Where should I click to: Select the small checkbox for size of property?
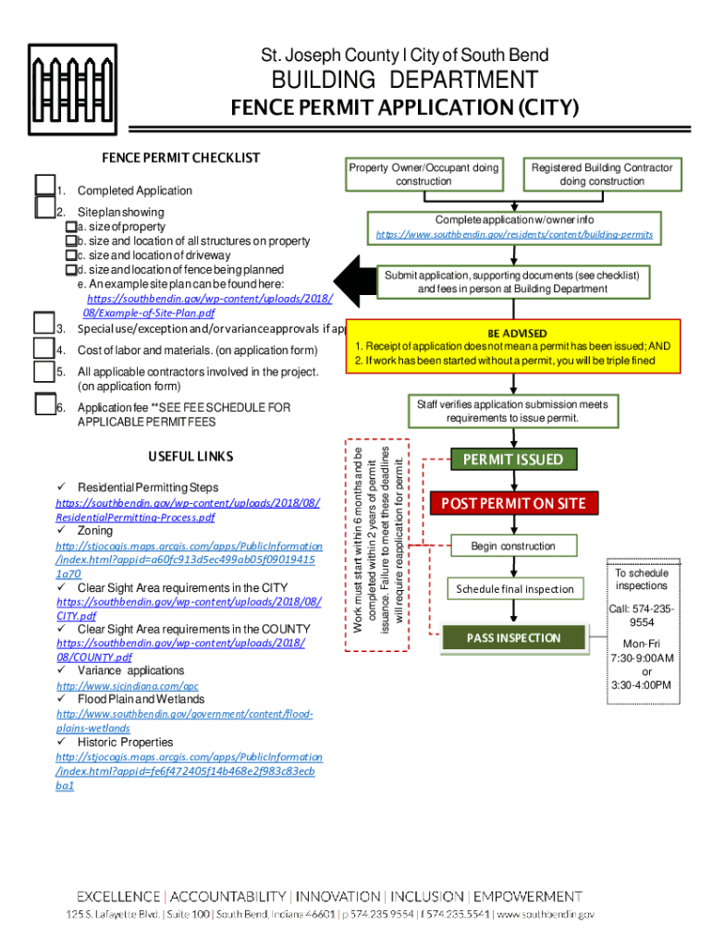click(70, 227)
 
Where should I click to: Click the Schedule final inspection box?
click(515, 589)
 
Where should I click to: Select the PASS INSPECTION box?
click(513, 638)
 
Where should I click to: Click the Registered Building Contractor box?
click(602, 174)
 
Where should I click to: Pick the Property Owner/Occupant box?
click(423, 174)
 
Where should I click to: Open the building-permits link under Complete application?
click(514, 235)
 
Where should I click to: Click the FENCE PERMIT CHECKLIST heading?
click(180, 158)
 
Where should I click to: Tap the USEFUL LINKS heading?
click(190, 457)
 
